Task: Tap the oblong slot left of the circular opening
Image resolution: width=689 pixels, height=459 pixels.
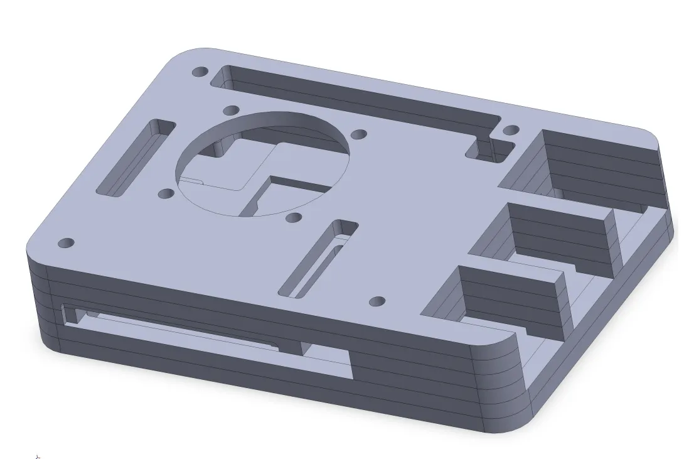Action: [136, 158]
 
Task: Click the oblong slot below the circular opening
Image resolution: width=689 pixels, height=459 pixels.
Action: [318, 257]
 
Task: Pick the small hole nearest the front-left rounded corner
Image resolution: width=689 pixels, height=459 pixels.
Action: [66, 242]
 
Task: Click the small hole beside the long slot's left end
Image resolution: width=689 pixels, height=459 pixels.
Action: [200, 72]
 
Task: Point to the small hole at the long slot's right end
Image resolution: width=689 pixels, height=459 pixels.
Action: [511, 131]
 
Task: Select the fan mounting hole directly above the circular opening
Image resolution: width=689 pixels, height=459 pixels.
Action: [231, 110]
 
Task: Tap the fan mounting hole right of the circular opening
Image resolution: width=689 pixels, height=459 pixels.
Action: [359, 134]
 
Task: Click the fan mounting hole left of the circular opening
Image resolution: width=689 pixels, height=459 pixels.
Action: [166, 193]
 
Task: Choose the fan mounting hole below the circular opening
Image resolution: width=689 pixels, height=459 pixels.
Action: [293, 217]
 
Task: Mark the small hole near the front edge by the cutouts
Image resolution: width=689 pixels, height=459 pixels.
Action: [377, 301]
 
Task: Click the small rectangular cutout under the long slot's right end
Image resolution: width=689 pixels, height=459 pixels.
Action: [489, 151]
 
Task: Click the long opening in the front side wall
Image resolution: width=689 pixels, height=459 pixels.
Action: [207, 336]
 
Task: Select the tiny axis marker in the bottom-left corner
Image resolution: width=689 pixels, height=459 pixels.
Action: [38, 456]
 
